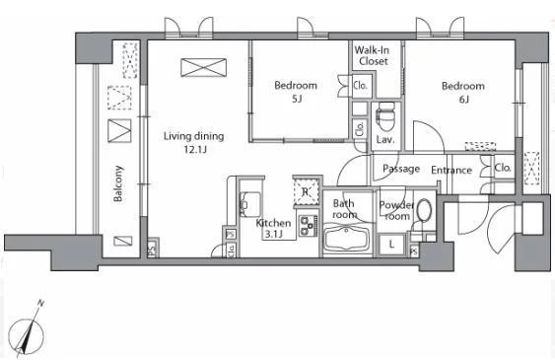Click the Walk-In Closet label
point(372,55)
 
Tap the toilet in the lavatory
point(385,116)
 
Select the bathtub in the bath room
point(347,239)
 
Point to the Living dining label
point(193,136)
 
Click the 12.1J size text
point(194,150)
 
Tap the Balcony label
point(118,183)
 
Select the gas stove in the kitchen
point(308,226)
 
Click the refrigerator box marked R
point(306,192)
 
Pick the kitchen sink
point(249,204)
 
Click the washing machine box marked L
point(391,245)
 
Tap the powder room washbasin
point(424,210)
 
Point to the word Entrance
point(451,171)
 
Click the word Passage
point(401,169)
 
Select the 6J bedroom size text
point(464,100)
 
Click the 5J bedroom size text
point(297,99)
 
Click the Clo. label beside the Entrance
point(503,168)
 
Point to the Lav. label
point(385,140)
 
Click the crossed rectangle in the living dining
point(203,68)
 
